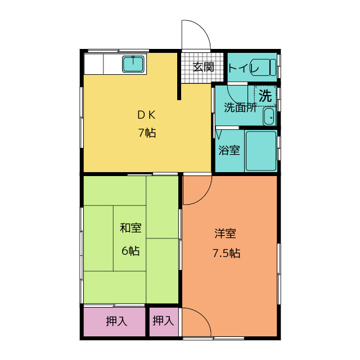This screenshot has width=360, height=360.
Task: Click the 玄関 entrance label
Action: (203, 67)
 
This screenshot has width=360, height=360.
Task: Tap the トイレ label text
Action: (244, 68)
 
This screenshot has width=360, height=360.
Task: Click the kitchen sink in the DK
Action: (134, 65)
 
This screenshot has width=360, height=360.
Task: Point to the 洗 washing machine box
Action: (265, 96)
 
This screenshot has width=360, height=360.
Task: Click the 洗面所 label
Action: (240, 107)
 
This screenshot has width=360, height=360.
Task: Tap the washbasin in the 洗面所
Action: (269, 117)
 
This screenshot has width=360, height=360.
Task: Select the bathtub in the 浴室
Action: (261, 150)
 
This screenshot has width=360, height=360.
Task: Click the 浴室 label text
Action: (229, 150)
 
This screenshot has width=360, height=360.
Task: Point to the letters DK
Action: (146, 115)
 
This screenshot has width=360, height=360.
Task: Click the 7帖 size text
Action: (146, 133)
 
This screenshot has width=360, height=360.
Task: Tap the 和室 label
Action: (130, 228)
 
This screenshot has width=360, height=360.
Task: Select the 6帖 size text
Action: (130, 251)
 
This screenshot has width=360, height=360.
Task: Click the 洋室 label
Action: (225, 233)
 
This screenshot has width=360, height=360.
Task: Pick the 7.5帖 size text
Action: (226, 253)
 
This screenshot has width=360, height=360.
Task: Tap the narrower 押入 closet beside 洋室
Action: (163, 321)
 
